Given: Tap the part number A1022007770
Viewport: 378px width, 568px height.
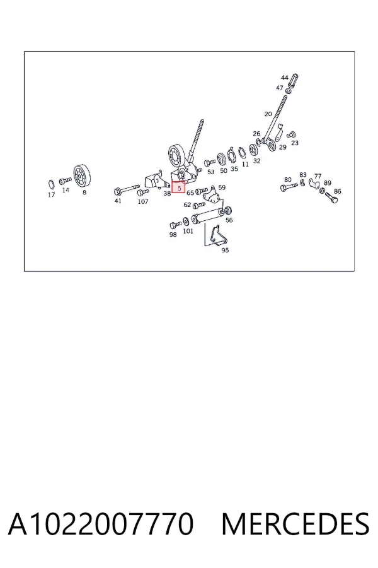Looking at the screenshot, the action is click(101, 523).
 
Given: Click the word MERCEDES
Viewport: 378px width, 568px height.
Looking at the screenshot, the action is click(295, 523).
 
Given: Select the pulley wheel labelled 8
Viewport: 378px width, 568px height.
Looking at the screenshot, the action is click(82, 177).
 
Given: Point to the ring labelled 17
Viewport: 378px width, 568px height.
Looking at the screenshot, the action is click(52, 184).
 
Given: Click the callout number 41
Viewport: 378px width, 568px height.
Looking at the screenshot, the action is click(118, 201).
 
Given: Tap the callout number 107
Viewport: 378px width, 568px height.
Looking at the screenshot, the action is click(143, 201).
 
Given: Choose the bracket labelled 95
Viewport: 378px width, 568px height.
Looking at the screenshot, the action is click(217, 235).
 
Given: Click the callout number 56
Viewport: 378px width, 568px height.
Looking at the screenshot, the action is click(229, 220).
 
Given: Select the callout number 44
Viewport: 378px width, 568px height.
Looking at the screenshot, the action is click(285, 78).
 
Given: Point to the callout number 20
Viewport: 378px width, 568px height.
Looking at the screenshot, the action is click(268, 114).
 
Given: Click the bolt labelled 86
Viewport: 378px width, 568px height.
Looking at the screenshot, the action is click(331, 198).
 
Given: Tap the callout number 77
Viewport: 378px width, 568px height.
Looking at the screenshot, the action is click(318, 176).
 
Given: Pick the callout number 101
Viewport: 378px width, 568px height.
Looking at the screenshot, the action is click(188, 231).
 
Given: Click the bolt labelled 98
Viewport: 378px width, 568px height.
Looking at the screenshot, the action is click(175, 225).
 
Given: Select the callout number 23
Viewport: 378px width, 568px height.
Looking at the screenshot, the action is click(295, 143).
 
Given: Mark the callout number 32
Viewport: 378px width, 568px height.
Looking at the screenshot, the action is click(256, 160).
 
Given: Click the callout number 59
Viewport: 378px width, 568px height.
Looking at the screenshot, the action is click(222, 187).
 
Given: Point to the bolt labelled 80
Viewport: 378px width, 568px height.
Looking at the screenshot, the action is click(289, 187).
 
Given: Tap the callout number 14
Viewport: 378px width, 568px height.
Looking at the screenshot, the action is click(66, 190).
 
